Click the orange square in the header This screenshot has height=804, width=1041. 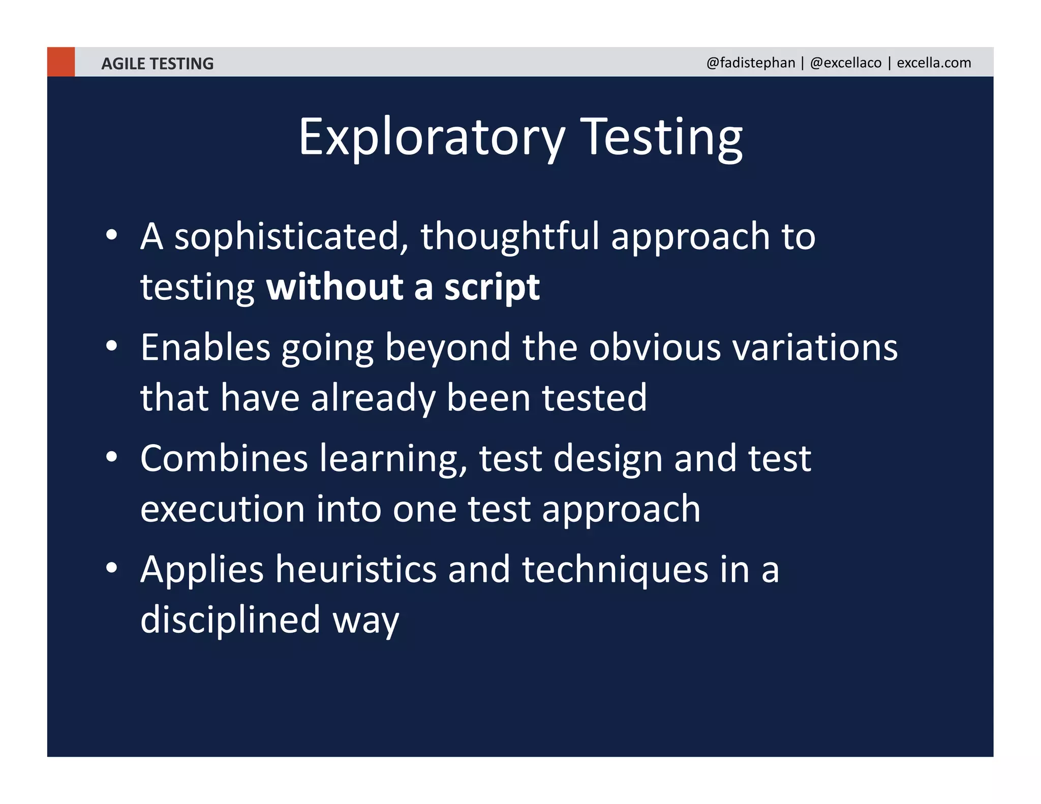tap(60, 61)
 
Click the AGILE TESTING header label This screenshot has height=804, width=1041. tap(157, 64)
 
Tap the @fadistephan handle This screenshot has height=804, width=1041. tap(750, 63)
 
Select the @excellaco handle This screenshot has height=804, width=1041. tap(845, 63)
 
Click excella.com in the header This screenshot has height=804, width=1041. tap(933, 63)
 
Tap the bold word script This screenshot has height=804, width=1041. tap(492, 288)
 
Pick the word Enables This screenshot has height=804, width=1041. tap(205, 348)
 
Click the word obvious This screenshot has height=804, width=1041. tap(655, 348)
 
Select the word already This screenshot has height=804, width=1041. tap(373, 398)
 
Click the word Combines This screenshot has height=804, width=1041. tap(224, 458)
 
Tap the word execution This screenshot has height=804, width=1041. tap(222, 509)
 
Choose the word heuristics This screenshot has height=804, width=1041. tap(356, 569)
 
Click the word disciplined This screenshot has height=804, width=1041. tap(230, 620)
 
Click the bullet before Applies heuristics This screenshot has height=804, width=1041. tap(112, 568)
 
